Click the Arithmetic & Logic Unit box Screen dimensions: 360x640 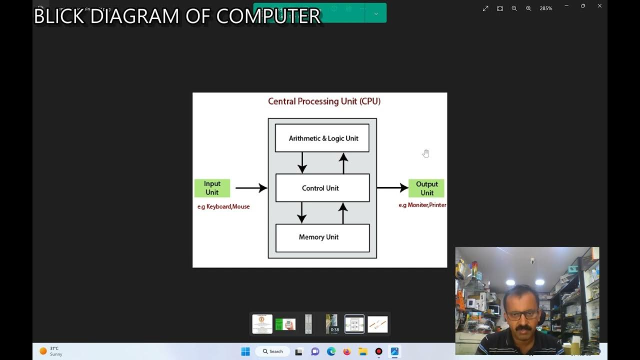point(322,138)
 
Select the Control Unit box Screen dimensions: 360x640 point(322,188)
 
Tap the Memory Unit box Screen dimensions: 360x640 point(322,237)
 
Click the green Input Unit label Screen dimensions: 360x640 point(212,188)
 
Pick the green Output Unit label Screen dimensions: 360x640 point(426,188)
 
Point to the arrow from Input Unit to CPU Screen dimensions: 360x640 point(251,188)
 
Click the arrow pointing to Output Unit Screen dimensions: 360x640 point(392,188)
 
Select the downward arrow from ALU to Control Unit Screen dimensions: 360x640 point(302,162)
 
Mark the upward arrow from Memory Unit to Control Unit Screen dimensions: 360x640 point(343,213)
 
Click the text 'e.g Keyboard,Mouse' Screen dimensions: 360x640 point(223,206)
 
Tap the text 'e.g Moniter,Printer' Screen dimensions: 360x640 point(422,205)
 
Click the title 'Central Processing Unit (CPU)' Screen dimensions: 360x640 point(324,101)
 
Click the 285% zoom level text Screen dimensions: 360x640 point(546,8)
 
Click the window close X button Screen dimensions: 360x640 point(599,6)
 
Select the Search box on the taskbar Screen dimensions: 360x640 point(272,351)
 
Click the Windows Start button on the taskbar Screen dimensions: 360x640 point(245,351)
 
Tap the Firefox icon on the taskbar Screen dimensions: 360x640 point(347,351)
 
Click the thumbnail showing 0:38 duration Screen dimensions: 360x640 point(331,324)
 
